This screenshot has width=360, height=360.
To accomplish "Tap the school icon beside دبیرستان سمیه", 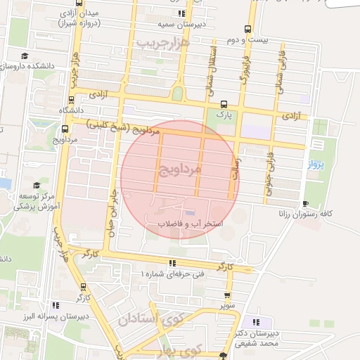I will point(182,13).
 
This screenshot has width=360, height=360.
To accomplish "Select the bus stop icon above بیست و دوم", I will point(247,29).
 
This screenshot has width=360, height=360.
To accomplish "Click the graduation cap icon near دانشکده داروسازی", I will point(25,56).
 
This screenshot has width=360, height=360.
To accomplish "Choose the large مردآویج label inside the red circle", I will point(180,169).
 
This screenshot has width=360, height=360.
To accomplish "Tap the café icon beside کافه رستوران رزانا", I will point(304,202).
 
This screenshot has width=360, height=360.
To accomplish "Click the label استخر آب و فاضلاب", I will point(189,224).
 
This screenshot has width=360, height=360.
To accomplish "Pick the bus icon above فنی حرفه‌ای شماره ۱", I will point(172,264).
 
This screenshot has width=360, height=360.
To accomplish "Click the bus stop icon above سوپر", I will point(227,296).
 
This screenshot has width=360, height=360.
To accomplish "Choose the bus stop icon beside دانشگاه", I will point(65,129).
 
